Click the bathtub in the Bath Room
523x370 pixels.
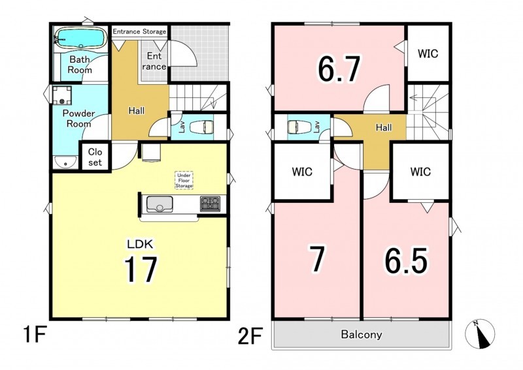point(80,37)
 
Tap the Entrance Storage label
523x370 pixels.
point(139,31)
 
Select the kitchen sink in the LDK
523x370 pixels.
point(160,204)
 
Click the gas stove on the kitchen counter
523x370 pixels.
point(210,204)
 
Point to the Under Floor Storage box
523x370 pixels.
point(184,181)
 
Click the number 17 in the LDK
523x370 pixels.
point(141,269)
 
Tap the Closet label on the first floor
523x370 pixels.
point(95,157)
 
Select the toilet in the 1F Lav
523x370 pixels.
point(201,127)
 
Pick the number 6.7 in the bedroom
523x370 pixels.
point(339,69)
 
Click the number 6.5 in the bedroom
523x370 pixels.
point(406,261)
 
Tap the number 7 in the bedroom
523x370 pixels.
point(316,259)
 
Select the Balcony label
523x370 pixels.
point(362,334)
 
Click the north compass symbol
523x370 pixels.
point(480,334)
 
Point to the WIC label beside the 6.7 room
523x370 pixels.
point(428,54)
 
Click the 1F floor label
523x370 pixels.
point(35,334)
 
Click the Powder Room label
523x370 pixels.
point(79,119)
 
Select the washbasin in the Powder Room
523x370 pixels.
point(65,162)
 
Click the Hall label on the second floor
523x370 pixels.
point(384,127)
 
